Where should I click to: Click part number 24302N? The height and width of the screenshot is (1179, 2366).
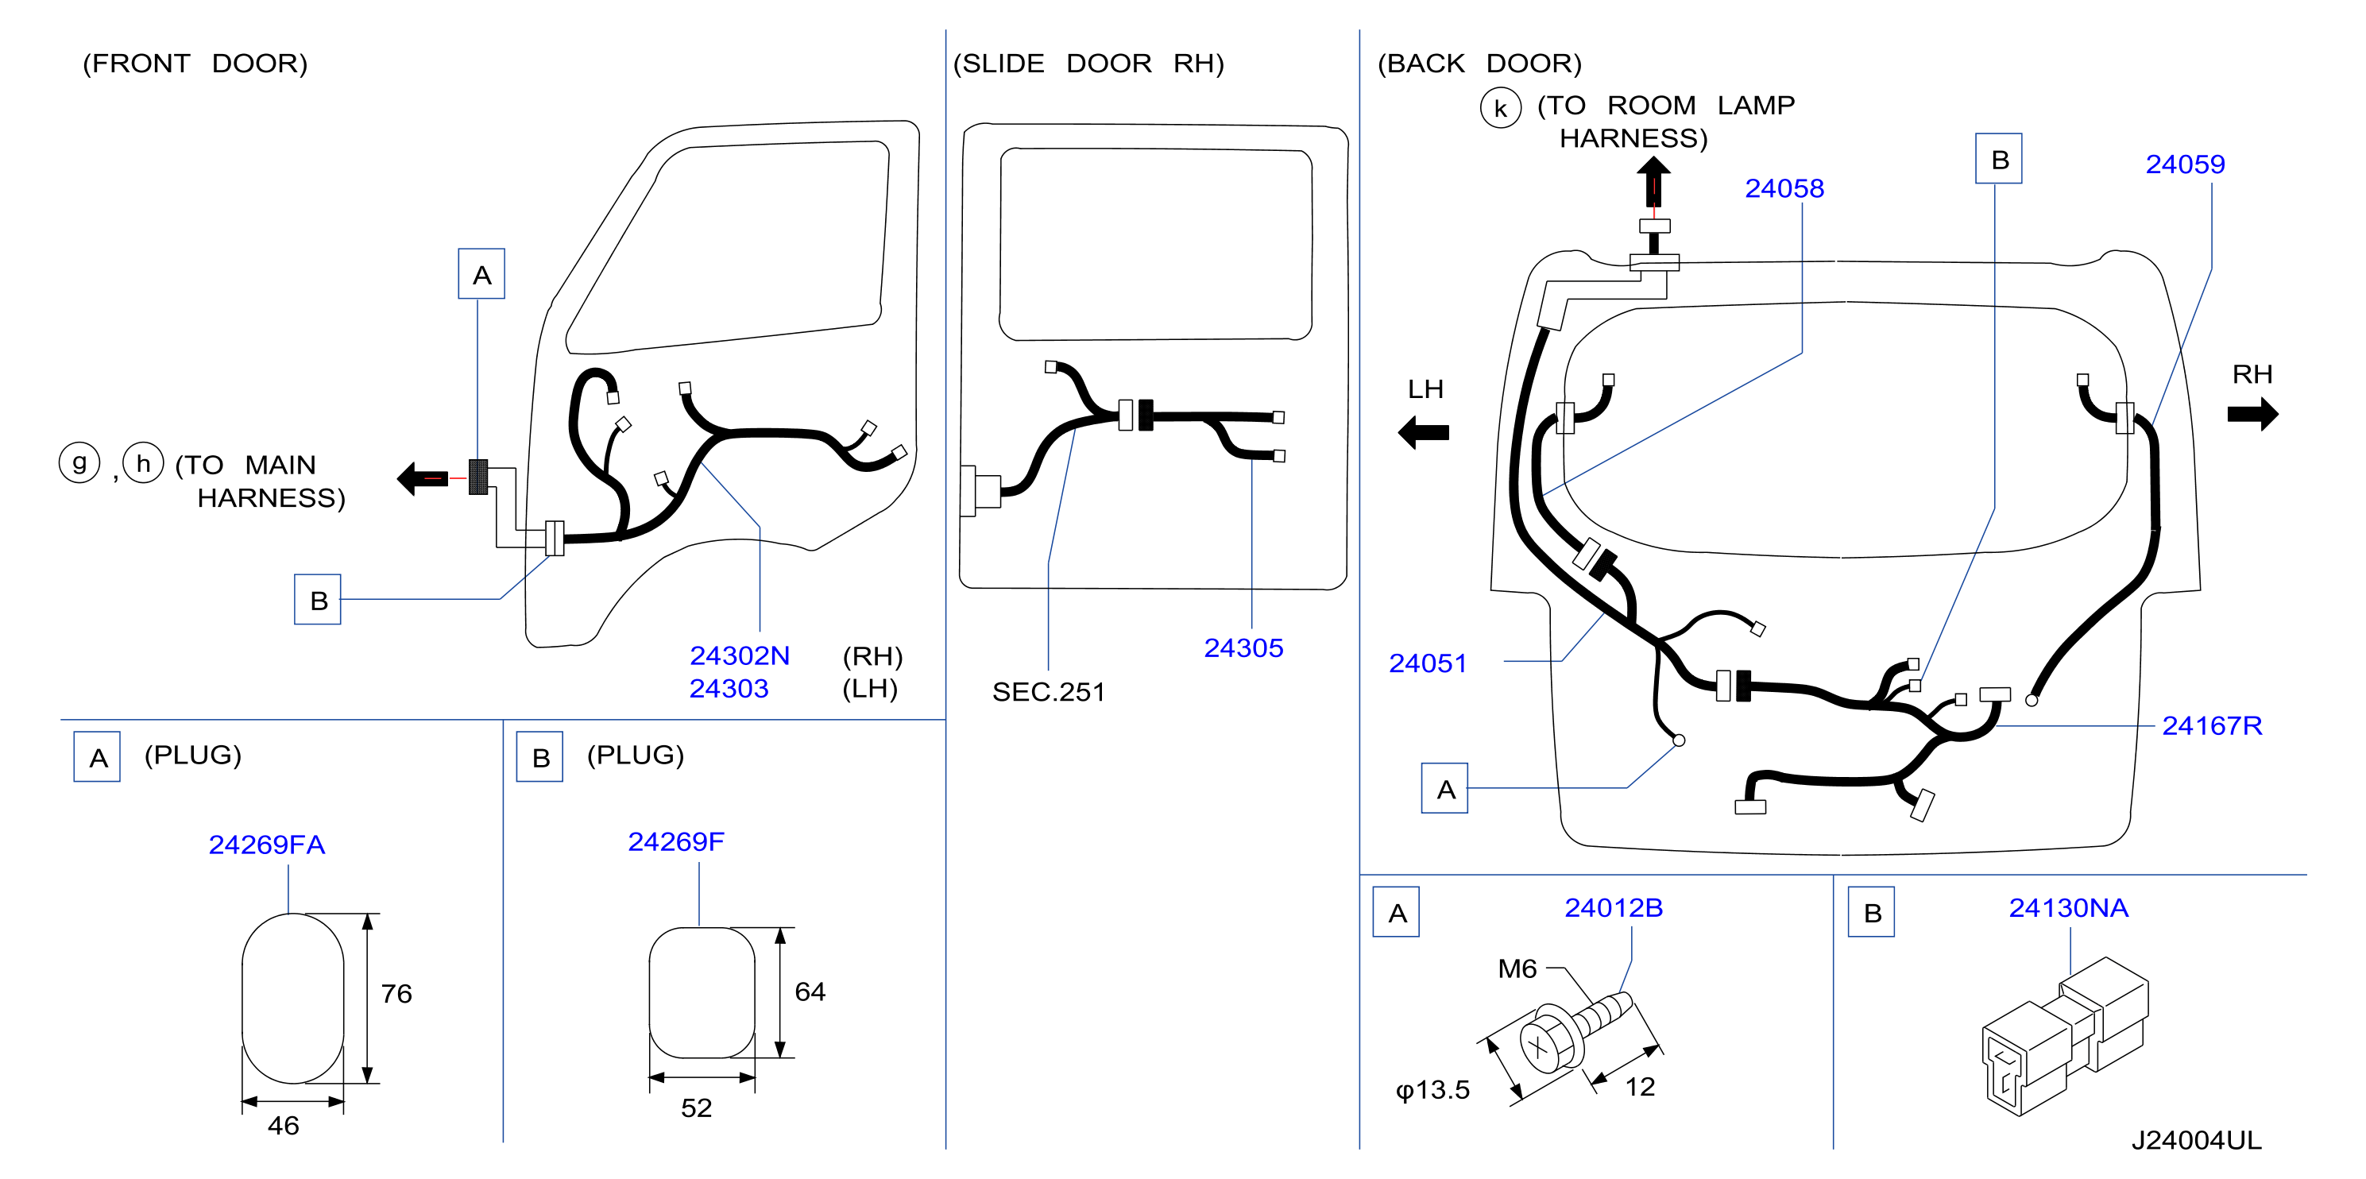click(x=740, y=655)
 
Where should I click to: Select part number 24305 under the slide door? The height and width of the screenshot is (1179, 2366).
click(x=1243, y=648)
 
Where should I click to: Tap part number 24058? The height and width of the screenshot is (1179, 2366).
click(x=1784, y=188)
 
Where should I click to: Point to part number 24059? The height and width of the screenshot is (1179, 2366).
click(x=2185, y=164)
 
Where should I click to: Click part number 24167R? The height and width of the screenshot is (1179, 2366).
click(x=2212, y=725)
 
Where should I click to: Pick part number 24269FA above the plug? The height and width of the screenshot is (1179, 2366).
click(x=266, y=845)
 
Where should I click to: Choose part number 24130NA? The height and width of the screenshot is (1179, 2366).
click(x=2068, y=908)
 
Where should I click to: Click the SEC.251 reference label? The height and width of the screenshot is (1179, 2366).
click(x=1048, y=692)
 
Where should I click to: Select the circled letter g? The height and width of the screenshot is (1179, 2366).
click(x=80, y=463)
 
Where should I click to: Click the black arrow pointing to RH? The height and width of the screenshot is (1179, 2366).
click(x=2252, y=414)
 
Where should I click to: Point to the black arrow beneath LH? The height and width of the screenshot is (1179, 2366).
click(x=1423, y=432)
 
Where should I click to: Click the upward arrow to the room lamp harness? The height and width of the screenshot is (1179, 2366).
click(x=1653, y=181)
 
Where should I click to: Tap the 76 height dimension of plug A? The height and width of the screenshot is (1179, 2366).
click(x=396, y=994)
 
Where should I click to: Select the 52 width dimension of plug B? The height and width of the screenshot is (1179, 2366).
click(x=696, y=1108)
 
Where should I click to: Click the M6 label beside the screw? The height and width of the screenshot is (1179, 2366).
click(x=1517, y=968)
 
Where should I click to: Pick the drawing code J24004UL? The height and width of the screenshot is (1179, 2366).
click(x=2196, y=1140)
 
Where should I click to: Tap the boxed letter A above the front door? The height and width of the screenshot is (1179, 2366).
click(x=481, y=273)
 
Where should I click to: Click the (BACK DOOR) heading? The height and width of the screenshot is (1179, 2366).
click(x=1479, y=64)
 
